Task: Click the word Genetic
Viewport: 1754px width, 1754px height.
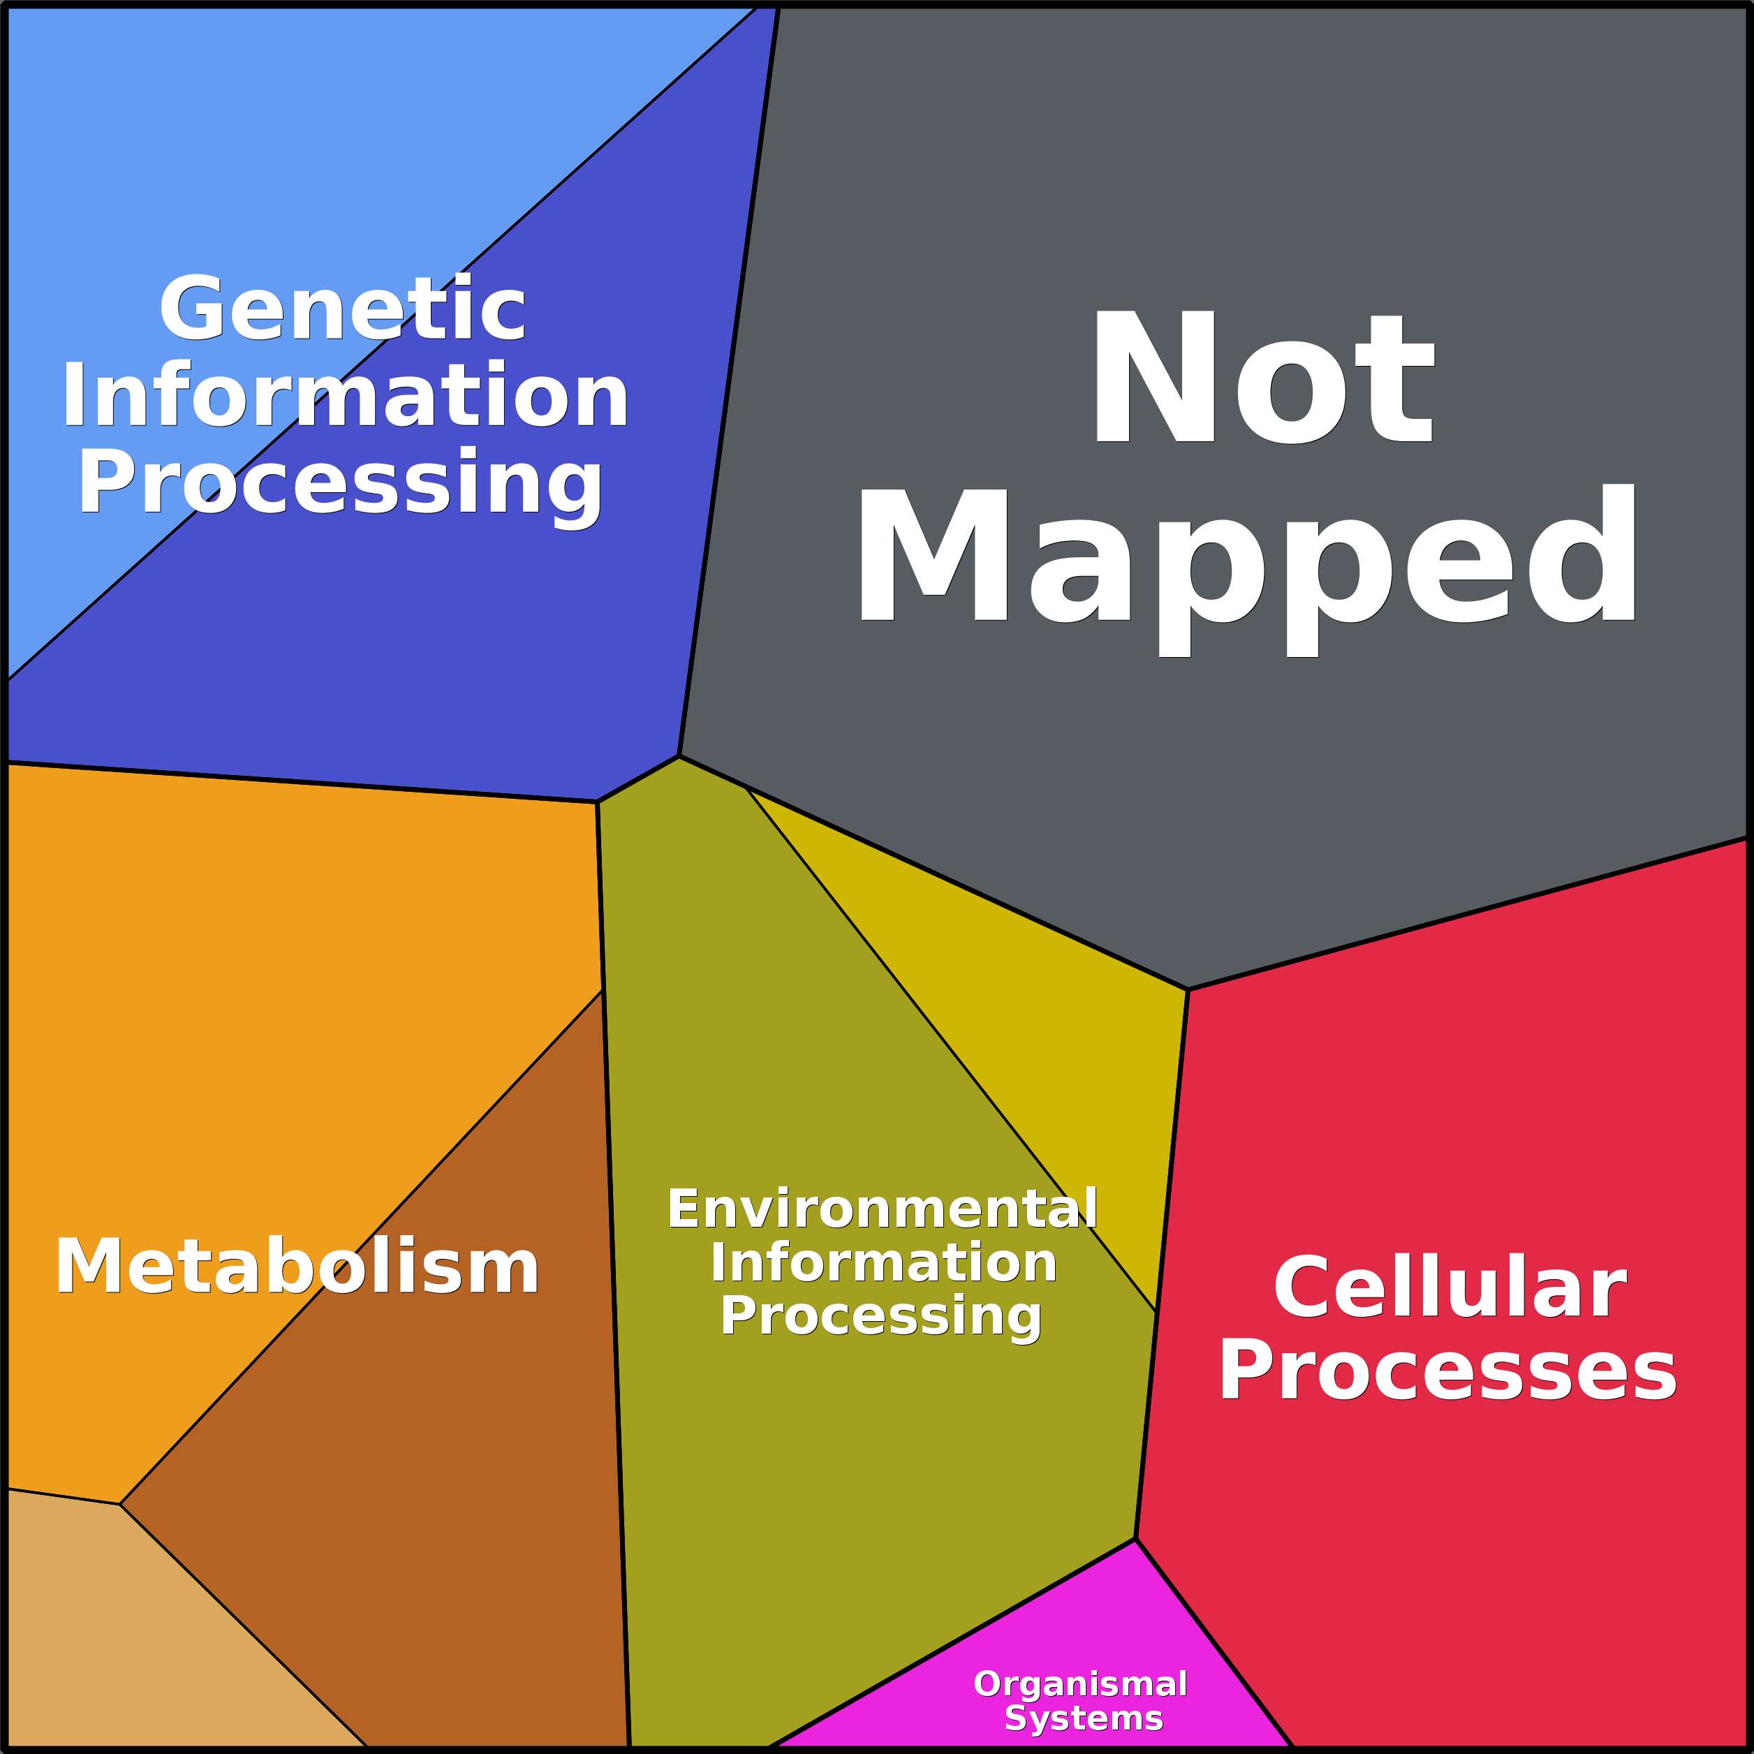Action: (342, 308)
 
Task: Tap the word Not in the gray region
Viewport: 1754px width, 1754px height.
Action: (1261, 377)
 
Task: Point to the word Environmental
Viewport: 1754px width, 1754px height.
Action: (883, 1209)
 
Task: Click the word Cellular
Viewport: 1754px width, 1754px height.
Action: (1450, 1285)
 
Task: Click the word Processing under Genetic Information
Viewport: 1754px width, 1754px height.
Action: (341, 484)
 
